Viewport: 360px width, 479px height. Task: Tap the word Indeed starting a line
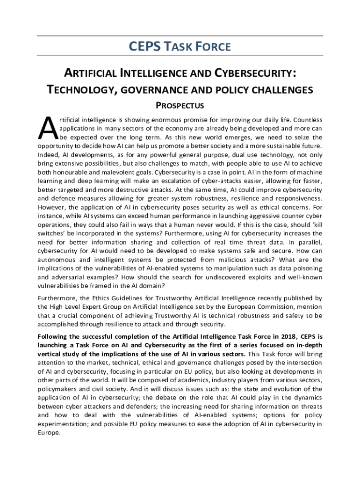click(48, 154)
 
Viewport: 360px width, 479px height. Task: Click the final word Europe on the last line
click(48, 433)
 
